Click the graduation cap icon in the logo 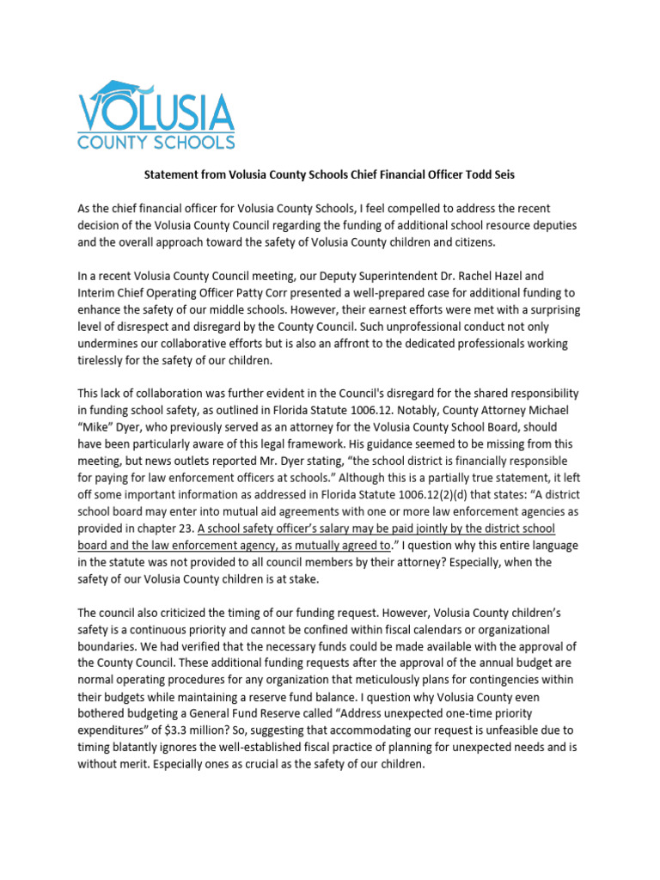(123, 89)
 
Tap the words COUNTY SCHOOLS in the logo (156, 140)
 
